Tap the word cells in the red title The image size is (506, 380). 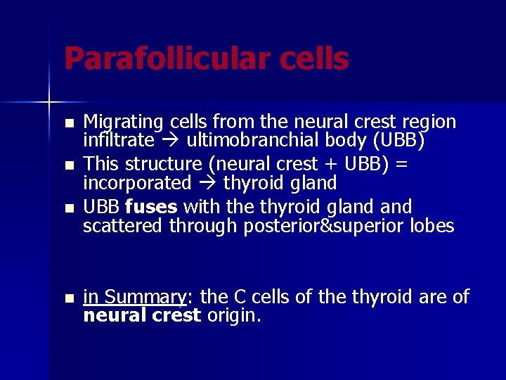pos(314,59)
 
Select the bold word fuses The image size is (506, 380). pos(150,208)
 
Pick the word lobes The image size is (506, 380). pos(433,226)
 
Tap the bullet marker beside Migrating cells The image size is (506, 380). pos(68,124)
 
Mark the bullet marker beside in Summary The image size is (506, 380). pos(68,298)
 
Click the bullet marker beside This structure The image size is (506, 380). pos(68,166)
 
